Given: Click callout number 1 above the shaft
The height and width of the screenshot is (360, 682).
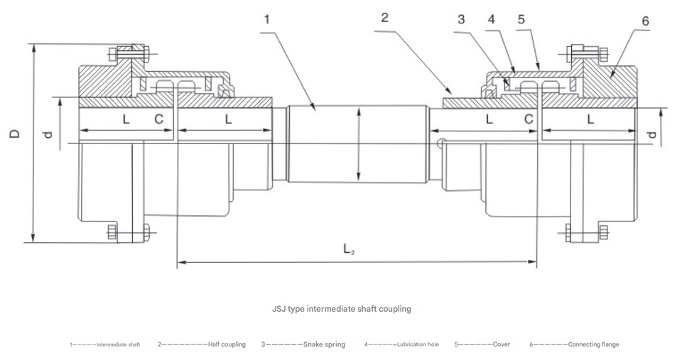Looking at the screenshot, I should (266, 19).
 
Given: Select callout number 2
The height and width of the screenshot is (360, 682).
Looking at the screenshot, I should (384, 18).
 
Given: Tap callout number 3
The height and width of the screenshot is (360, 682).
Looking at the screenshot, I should (462, 20).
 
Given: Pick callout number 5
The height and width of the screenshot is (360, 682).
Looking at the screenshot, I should (521, 20).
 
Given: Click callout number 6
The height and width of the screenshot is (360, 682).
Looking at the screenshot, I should (645, 21).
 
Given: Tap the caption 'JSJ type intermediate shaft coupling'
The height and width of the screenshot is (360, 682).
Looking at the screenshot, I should (342, 310).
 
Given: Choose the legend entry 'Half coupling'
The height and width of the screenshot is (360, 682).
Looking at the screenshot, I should (202, 344).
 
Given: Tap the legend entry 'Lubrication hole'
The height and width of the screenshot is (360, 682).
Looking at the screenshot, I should (401, 344).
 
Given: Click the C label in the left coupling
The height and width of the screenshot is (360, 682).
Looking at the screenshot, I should (159, 120).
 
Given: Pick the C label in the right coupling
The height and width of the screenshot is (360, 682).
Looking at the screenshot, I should (529, 120).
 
